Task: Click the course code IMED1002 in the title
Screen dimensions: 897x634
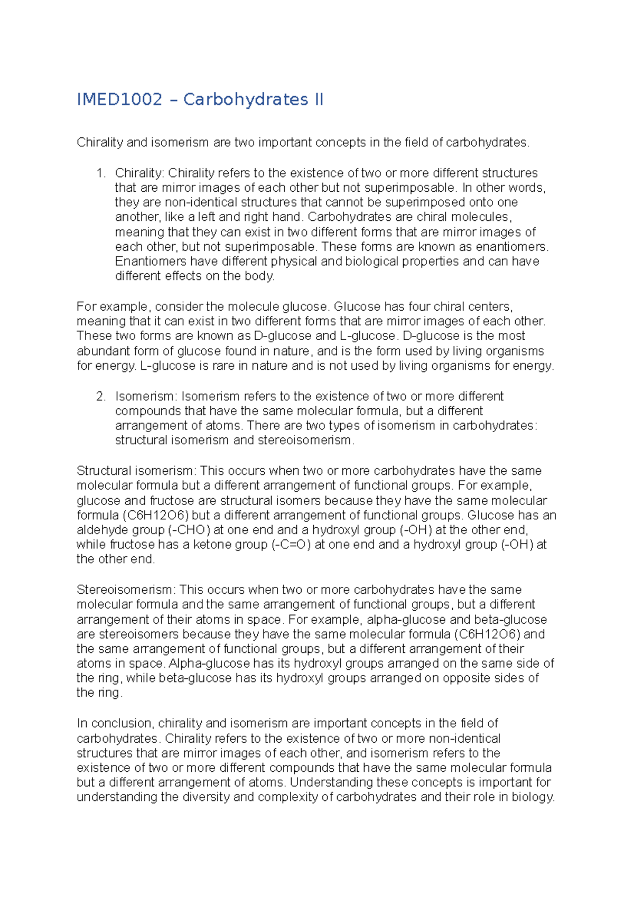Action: [x=119, y=99]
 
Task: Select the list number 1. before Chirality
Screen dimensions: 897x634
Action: [x=101, y=173]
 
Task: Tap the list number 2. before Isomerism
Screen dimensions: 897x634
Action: [x=101, y=396]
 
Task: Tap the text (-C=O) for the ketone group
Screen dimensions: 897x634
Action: [x=291, y=545]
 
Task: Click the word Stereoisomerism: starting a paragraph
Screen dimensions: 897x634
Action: [x=126, y=590]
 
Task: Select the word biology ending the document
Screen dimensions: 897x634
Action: [x=532, y=797]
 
